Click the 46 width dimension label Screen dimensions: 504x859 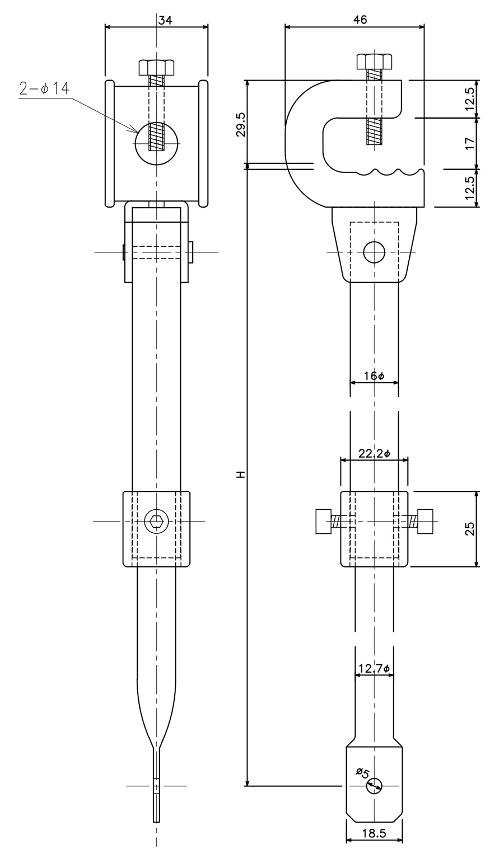(x=360, y=20)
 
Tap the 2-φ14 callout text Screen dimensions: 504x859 (x=45, y=89)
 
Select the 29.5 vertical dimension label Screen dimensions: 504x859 (x=241, y=125)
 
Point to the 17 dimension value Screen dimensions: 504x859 (x=470, y=143)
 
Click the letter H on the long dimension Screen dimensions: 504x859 (x=241, y=475)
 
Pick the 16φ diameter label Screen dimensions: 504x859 (x=374, y=376)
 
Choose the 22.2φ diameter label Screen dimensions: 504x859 (x=374, y=454)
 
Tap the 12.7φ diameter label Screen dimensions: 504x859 (x=374, y=669)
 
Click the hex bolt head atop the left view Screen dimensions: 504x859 (x=157, y=67)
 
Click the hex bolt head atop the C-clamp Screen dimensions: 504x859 (x=374, y=61)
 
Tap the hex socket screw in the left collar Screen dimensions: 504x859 (x=156, y=522)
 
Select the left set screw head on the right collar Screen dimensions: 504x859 (x=323, y=521)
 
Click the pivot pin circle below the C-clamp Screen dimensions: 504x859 (x=374, y=252)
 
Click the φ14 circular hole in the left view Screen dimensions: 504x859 (x=157, y=143)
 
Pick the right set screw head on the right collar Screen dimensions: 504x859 (x=425, y=521)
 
